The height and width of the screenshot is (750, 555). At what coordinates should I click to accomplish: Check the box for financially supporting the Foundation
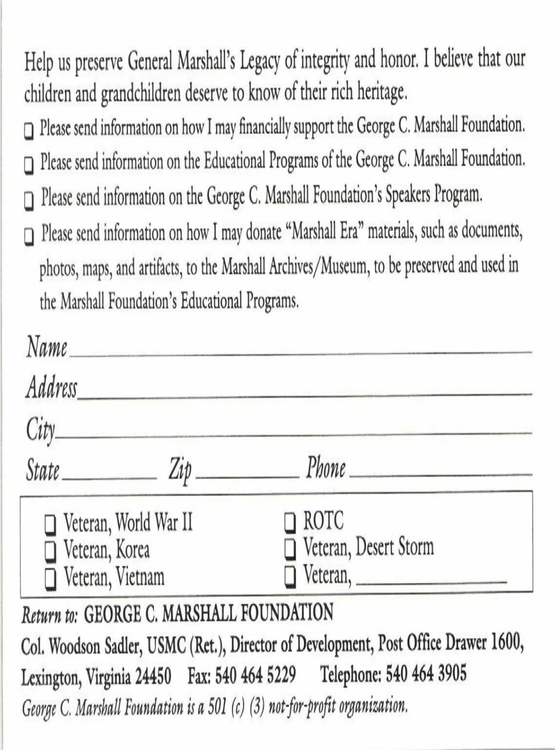coord(29,130)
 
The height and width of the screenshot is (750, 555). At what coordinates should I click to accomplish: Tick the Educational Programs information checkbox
coord(29,165)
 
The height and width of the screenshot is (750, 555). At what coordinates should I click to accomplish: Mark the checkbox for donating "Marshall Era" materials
coord(29,236)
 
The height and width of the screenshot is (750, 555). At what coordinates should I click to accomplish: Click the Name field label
coord(46,347)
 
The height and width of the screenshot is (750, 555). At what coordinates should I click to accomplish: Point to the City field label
coord(40,429)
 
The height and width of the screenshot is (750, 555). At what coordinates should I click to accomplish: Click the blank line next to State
coord(109,477)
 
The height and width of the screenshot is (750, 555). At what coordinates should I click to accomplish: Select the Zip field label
coord(180,470)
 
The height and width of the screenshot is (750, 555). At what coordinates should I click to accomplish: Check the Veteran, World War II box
coord(50,523)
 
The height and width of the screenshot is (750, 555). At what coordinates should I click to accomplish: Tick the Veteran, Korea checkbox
coord(50,551)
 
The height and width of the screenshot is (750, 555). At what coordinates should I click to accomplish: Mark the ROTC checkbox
coord(290,522)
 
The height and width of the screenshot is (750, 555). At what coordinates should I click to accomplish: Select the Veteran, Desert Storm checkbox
coord(290,549)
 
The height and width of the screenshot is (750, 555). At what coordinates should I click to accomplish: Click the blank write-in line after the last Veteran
coord(431,581)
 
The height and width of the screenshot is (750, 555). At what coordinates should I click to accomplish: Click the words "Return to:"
coord(50,615)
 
